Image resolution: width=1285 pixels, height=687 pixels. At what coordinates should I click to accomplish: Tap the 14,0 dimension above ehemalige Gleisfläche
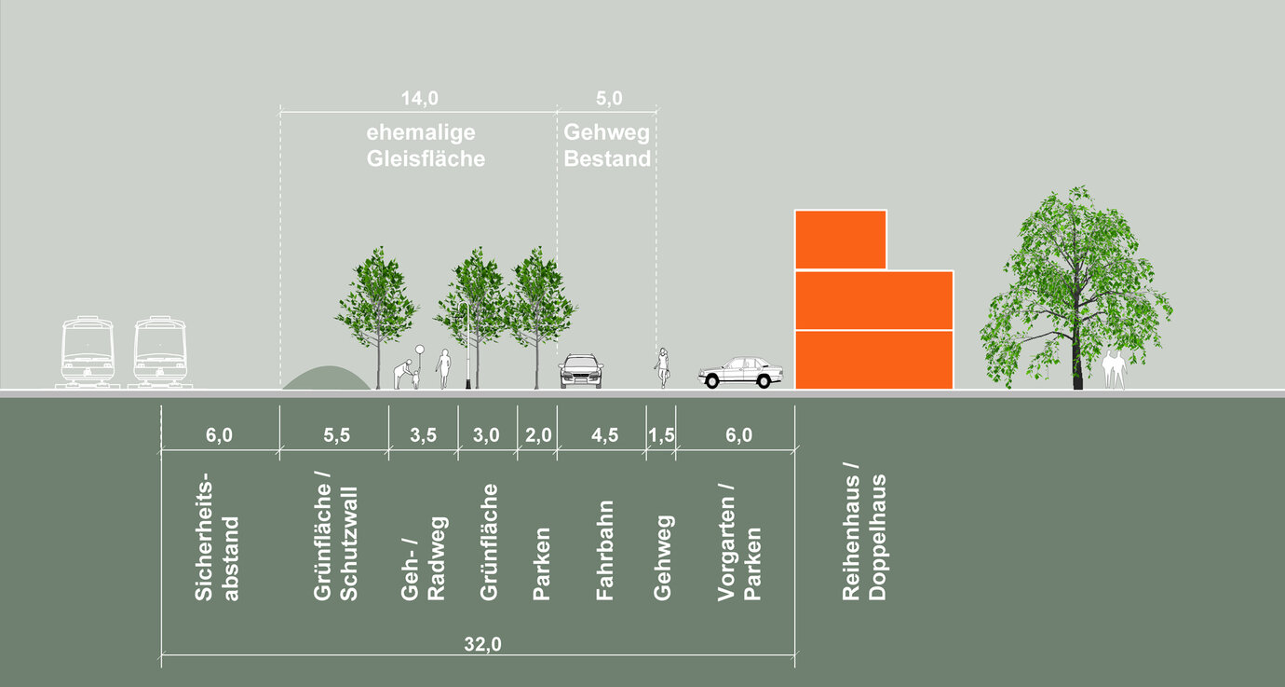(x=419, y=99)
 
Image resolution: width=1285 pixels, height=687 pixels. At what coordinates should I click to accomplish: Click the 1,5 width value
(x=661, y=435)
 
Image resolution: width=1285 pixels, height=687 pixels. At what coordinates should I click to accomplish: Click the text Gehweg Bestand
(x=607, y=145)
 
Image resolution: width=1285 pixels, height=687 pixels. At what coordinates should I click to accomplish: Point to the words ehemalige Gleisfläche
(x=426, y=145)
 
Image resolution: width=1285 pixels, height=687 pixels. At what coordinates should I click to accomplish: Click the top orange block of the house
(x=840, y=240)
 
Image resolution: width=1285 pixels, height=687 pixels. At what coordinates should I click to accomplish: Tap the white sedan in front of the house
(x=741, y=372)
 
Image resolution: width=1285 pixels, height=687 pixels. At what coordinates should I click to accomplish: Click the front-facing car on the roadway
(x=580, y=371)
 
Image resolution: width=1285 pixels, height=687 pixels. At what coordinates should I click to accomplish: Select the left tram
(x=88, y=351)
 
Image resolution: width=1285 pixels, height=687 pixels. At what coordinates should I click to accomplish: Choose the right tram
(x=159, y=351)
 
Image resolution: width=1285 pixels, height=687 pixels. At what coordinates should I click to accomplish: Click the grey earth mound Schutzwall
(x=326, y=378)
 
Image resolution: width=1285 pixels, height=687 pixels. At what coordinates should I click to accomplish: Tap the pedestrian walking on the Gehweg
(x=662, y=367)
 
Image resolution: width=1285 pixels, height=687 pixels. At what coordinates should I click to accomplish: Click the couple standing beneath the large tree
(x=1115, y=369)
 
